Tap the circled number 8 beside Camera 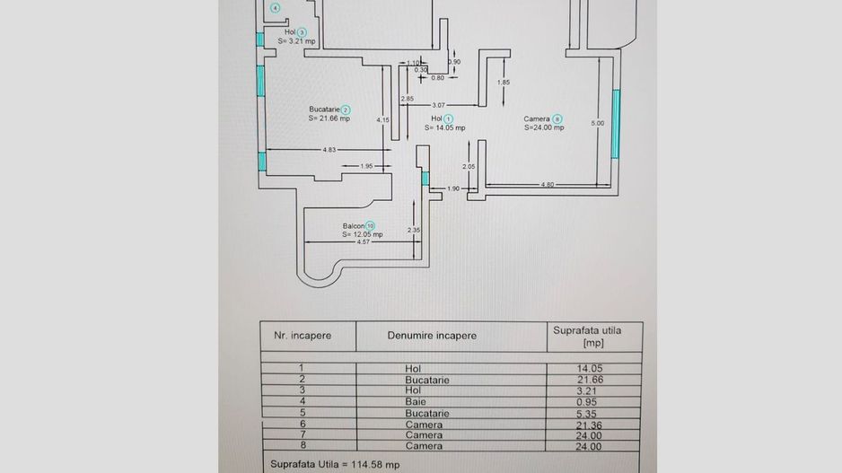click(557, 118)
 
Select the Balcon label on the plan click(353, 225)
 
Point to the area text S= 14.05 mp click(445, 127)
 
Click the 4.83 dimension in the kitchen click(329, 150)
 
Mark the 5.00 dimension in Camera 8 click(598, 123)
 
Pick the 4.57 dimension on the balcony click(363, 242)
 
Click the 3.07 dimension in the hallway click(438, 105)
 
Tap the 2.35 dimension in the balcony click(414, 230)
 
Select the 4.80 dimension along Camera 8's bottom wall click(547, 185)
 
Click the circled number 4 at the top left click(275, 9)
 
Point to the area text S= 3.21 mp click(296, 41)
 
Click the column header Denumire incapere click(432, 336)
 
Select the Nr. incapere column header click(303, 336)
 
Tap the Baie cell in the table click(413, 402)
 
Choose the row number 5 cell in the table click(301, 414)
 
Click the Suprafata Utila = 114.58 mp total click(335, 465)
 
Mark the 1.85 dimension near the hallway click(504, 83)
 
